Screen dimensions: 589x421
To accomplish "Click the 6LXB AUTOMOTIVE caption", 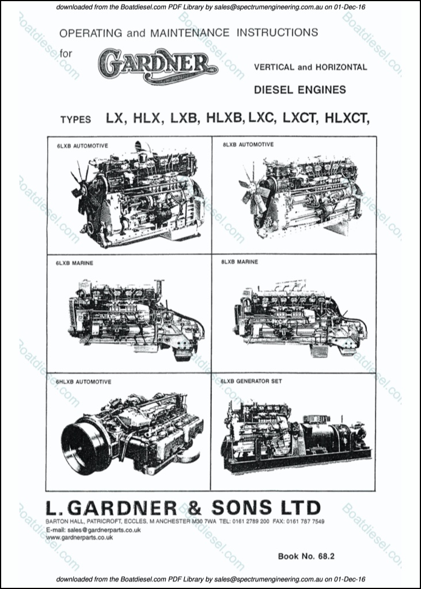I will pyautogui.click(x=82, y=146).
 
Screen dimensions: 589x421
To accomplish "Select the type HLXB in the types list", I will pyautogui.click(x=225, y=119).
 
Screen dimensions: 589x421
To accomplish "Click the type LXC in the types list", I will pyautogui.click(x=264, y=119).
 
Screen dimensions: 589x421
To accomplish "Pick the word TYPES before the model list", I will pyautogui.click(x=75, y=120).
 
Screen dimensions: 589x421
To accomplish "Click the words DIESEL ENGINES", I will pyautogui.click(x=299, y=89).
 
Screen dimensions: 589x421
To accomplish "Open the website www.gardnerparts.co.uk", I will pyautogui.click(x=79, y=537).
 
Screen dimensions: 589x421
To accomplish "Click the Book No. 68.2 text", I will pyautogui.click(x=306, y=556).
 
